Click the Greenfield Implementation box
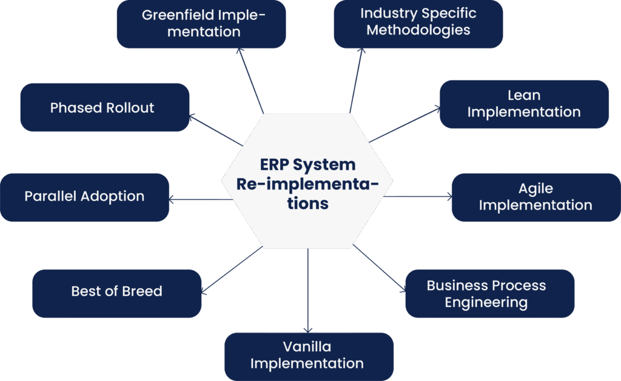201,24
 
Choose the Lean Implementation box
524,104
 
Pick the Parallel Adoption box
85,197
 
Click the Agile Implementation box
535,197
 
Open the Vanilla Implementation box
309,356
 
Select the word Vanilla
307,347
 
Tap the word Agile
535,188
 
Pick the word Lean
524,95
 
